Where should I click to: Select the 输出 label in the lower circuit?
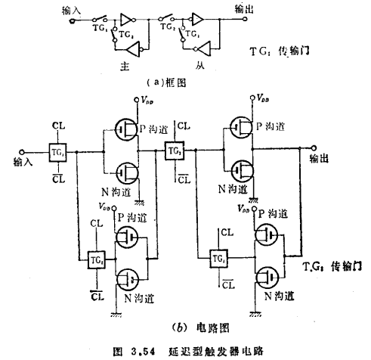(x=320, y=159)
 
